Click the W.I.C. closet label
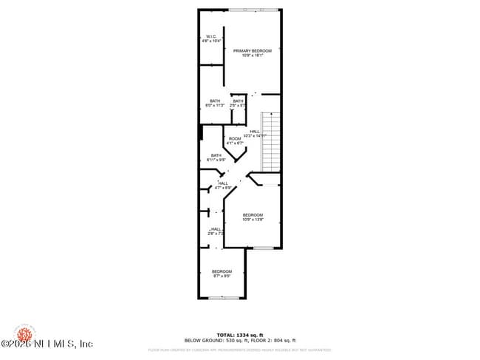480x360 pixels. click(210, 38)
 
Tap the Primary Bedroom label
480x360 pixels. click(253, 52)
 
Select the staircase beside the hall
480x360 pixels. click(271, 140)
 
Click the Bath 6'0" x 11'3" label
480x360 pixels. click(214, 103)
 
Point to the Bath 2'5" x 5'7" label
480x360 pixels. click(238, 103)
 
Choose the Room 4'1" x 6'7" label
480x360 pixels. click(235, 140)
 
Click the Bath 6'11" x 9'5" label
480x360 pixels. click(216, 157)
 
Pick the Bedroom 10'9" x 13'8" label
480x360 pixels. click(253, 217)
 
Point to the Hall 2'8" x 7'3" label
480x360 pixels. click(216, 231)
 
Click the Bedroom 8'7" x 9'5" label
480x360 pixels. click(222, 274)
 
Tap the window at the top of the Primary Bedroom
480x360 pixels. click(253, 9)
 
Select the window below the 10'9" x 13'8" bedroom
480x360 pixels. click(263, 248)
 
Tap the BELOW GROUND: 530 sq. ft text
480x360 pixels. click(215, 341)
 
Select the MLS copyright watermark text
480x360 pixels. click(47, 344)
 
